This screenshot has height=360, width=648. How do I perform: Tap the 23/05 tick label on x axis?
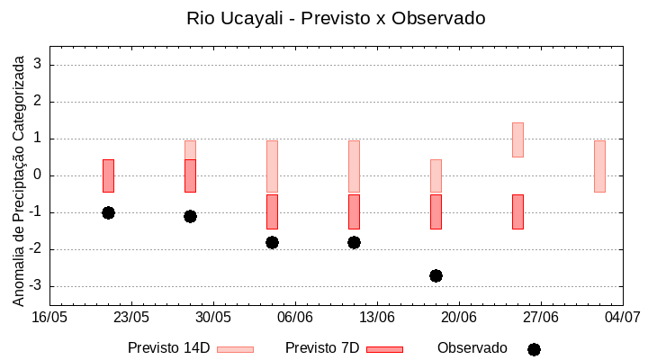point(131,318)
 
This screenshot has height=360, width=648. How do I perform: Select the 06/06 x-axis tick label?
point(295,318)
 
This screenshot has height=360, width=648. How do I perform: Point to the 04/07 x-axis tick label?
point(622,318)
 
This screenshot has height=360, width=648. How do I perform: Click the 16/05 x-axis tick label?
point(49,318)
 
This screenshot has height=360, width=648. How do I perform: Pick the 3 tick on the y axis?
point(39,65)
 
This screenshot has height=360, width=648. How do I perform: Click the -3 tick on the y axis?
point(36,286)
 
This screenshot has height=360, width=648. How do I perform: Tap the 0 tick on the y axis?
point(39,175)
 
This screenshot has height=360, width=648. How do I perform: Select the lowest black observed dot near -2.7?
point(436,275)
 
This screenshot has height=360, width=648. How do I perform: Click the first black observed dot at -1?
point(108,212)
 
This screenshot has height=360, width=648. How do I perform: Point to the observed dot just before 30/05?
point(190,216)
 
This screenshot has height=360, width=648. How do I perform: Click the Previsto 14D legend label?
point(168,348)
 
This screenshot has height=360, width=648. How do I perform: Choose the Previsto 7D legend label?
point(322,348)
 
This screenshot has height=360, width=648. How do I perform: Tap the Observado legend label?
point(472,348)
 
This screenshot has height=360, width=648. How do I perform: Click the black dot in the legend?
point(534,349)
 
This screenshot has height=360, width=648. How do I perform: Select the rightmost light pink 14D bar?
point(599,166)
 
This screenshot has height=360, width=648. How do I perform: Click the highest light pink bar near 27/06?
point(517,139)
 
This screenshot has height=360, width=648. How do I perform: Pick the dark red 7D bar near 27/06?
point(517,211)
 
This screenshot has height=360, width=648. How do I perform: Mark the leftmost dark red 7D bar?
point(108,175)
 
